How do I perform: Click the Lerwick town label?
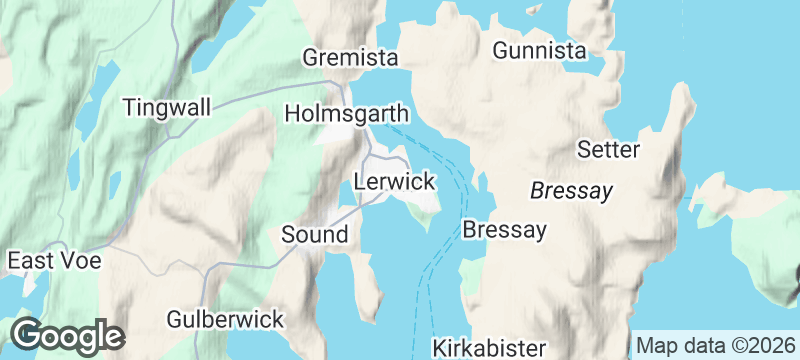pos(395,182)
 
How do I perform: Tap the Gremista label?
pos(350,57)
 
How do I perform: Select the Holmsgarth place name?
pos(347,111)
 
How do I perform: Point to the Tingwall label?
pos(167,107)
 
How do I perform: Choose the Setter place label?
pos(608,150)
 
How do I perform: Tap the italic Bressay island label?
pos(570,190)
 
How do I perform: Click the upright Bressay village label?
pos(505,230)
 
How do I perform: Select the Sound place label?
pos(314,235)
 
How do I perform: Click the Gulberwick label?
pos(226,320)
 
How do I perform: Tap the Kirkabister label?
pos(490,349)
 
